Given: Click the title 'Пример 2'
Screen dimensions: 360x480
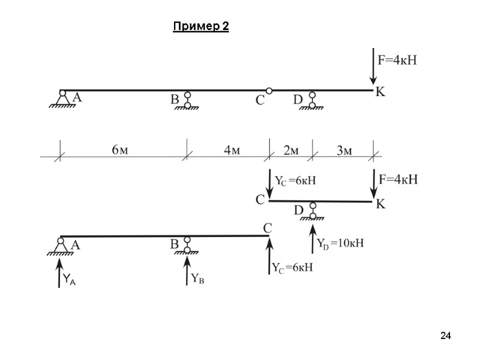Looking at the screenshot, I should pyautogui.click(x=200, y=27).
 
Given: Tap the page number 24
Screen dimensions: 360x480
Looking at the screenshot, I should pyautogui.click(x=445, y=335).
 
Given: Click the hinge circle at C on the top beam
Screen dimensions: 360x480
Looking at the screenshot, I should pyautogui.click(x=269, y=91).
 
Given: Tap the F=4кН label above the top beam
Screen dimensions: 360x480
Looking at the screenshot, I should pyautogui.click(x=397, y=60).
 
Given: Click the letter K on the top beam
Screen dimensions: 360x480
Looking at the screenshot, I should pyautogui.click(x=380, y=92).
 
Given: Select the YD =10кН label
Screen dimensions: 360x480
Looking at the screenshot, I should pyautogui.click(x=340, y=244).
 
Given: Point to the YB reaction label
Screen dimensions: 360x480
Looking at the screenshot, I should pyautogui.click(x=198, y=278).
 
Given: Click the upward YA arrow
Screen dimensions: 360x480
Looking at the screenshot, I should pyautogui.click(x=59, y=271).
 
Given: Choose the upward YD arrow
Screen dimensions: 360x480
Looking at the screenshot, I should pyautogui.click(x=312, y=238).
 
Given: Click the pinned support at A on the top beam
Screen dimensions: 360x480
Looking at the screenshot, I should pyautogui.click(x=62, y=98).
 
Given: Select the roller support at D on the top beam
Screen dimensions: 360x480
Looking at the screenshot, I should pyautogui.click(x=313, y=100).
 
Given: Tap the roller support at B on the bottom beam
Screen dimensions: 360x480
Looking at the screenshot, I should pyautogui.click(x=187, y=246).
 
